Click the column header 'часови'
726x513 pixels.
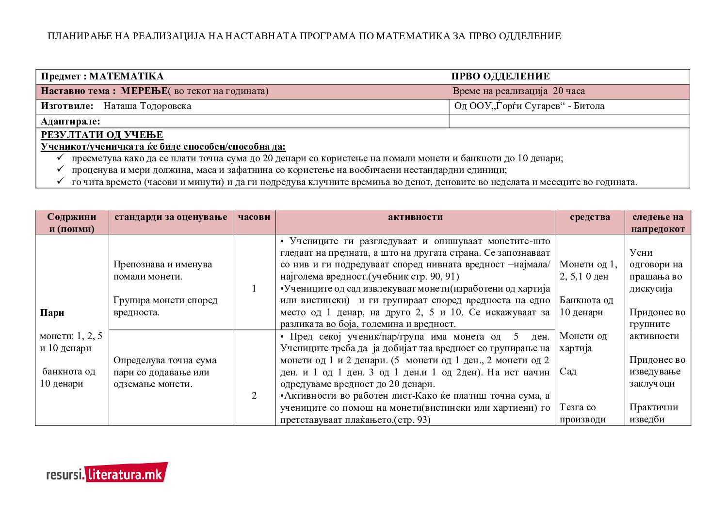pos(254,217)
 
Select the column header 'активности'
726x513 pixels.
pos(415,217)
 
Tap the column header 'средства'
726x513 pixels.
pos(590,217)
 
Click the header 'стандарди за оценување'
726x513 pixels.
pos(171,217)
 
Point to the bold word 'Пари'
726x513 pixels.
pos(52,313)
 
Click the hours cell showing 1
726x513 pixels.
pos(254,289)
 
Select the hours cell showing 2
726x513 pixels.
pos(254,396)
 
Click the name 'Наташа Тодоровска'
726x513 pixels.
pos(147,106)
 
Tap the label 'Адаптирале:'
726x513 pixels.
pos(70,122)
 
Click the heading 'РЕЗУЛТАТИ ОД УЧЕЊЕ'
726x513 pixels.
pos(102,135)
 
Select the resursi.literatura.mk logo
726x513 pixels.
pos(107,473)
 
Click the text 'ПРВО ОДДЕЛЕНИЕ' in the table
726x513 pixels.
pos(500,77)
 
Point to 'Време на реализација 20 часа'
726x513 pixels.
pos(518,91)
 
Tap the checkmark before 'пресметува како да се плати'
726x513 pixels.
pos(61,158)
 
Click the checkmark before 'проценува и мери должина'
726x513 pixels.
pos(61,170)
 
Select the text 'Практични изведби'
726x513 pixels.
pos(653,413)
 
